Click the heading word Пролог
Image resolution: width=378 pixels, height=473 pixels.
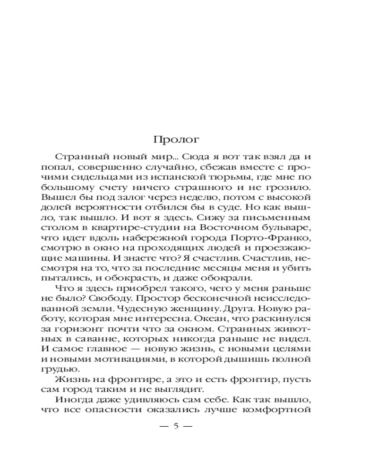click(177, 140)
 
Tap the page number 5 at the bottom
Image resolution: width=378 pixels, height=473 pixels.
click(176, 426)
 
